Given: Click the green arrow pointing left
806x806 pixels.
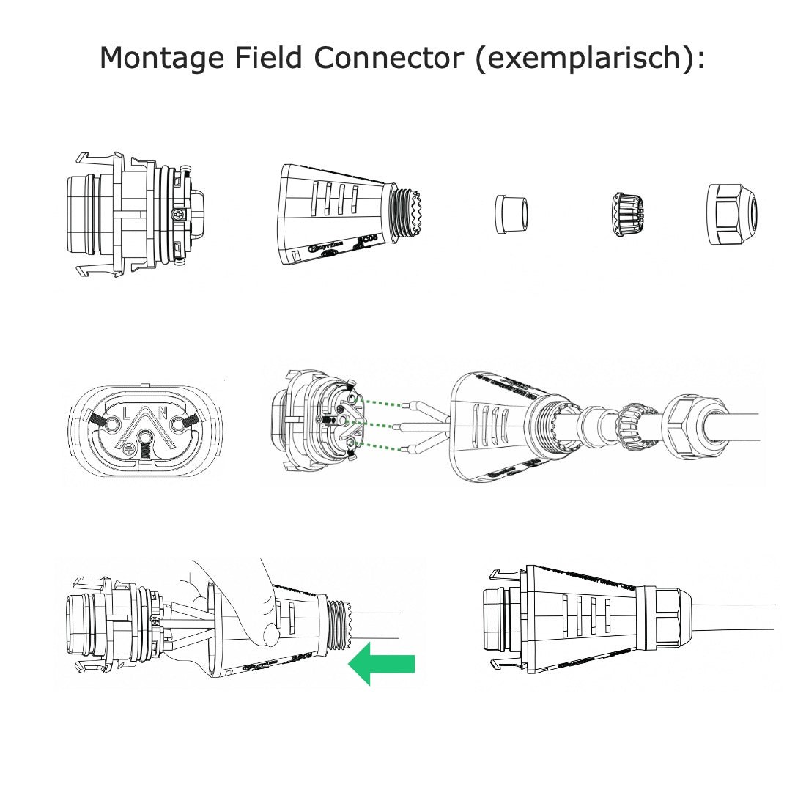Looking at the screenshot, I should pyautogui.click(x=380, y=664).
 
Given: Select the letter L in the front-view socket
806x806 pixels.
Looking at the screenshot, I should pyautogui.click(x=127, y=414).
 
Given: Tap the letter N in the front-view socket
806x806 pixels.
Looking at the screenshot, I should pyautogui.click(x=163, y=414).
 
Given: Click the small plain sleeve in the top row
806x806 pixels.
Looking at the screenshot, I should pyautogui.click(x=511, y=215).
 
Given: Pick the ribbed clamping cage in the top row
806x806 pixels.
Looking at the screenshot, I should pyautogui.click(x=626, y=215).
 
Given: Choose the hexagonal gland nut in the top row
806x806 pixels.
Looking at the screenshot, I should pyautogui.click(x=733, y=214).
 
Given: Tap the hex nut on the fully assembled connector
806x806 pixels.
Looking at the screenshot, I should pyautogui.click(x=670, y=619).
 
